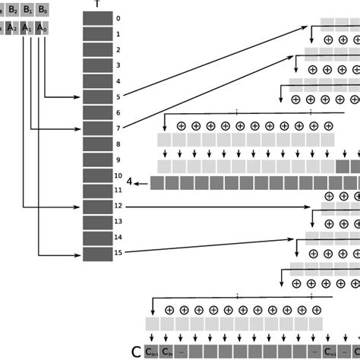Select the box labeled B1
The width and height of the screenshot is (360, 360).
click(27, 10)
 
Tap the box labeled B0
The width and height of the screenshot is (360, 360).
click(44, 10)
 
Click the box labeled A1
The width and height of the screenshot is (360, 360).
click(27, 28)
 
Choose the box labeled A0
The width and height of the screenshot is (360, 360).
click(44, 28)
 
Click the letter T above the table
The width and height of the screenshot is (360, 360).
click(96, 4)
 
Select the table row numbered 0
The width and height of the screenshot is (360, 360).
click(96, 18)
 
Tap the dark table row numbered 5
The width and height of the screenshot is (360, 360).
click(96, 96)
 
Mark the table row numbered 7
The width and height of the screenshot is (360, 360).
click(96, 128)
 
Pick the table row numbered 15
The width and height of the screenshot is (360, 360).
click(96, 254)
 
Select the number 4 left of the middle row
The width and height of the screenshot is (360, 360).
click(130, 182)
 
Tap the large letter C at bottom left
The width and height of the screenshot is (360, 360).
click(137, 352)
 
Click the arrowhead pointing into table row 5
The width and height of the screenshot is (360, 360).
click(78, 96)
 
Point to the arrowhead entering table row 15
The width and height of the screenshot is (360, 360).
click(78, 254)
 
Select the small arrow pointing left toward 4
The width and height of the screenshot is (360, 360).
click(141, 182)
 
